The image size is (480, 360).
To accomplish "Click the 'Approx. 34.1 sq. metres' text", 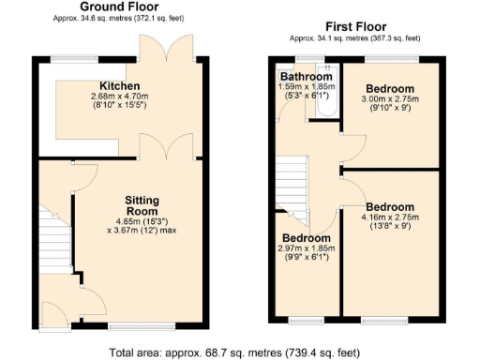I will tap(354, 38).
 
